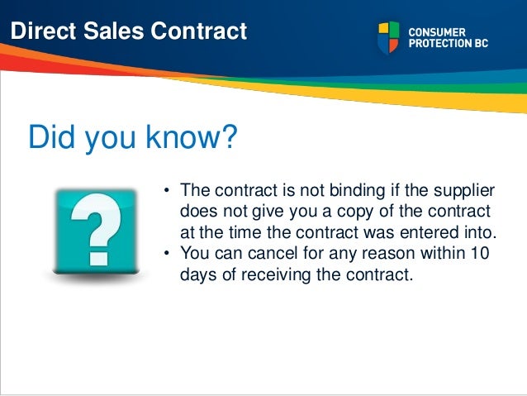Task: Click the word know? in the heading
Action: pyautogui.click(x=192, y=138)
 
